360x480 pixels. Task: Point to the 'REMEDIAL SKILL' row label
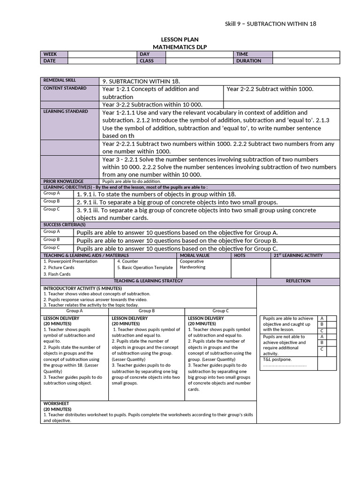click(x=60, y=81)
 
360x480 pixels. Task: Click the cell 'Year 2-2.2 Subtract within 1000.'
click(x=270, y=89)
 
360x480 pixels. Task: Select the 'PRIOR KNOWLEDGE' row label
click(x=63, y=181)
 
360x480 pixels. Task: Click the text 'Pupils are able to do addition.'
click(x=131, y=181)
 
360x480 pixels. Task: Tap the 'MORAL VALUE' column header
click(x=195, y=255)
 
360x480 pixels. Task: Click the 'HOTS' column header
click(x=239, y=255)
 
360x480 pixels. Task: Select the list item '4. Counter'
click(x=127, y=262)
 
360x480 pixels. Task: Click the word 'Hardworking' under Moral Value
click(x=193, y=267)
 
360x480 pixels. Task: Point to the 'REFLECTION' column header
click(x=298, y=281)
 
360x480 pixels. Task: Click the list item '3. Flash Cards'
click(x=57, y=274)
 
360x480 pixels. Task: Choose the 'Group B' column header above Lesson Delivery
click(x=147, y=311)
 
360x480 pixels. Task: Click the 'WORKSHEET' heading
click(x=56, y=403)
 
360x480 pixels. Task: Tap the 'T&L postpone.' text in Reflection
click(x=277, y=359)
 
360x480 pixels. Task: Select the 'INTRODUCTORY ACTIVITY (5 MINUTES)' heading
click(x=82, y=288)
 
